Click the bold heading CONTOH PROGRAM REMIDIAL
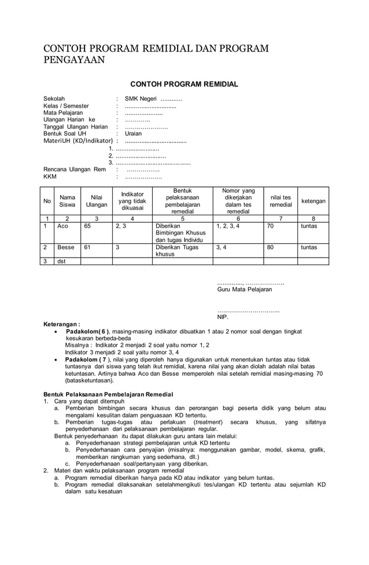184,85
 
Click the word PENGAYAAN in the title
75,60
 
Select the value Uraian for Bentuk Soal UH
133,133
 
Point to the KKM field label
50,177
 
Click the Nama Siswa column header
67,201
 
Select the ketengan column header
313,201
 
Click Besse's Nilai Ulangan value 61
87,247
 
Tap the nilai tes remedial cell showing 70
270,226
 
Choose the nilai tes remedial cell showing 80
270,247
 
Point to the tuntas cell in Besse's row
309,247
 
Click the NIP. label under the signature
223,317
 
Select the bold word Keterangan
62,324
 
